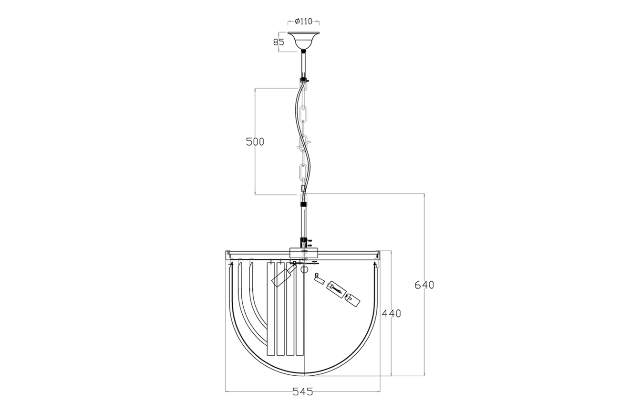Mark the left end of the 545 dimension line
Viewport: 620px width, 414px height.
(x=226, y=391)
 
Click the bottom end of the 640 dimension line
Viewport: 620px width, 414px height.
(x=424, y=376)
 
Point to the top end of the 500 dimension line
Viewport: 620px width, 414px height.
(x=255, y=88)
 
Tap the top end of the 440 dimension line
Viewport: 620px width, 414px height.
(x=391, y=251)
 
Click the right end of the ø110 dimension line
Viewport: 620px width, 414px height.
(x=319, y=21)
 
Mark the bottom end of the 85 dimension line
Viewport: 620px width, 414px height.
(x=279, y=52)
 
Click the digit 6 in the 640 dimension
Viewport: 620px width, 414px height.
(x=418, y=285)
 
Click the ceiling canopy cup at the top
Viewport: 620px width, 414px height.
(x=303, y=41)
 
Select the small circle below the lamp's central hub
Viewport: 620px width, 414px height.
(x=304, y=269)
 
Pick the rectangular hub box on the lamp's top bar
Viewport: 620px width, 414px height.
(x=304, y=253)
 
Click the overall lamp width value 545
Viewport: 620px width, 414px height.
(x=302, y=392)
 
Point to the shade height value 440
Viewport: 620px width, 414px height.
(x=392, y=313)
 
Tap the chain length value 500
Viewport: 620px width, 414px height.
(x=255, y=142)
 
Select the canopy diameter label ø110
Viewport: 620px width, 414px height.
(x=303, y=21)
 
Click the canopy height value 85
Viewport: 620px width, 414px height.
(x=279, y=42)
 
